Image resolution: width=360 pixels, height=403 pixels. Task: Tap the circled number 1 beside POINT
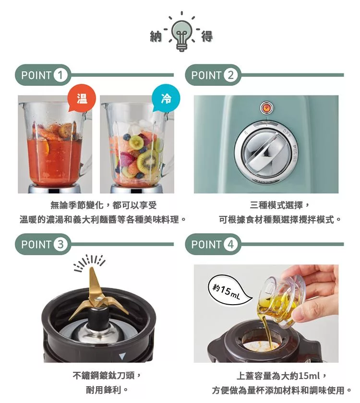61,75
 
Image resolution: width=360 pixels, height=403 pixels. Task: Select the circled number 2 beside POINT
231,75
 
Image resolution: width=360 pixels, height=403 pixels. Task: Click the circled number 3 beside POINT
61,244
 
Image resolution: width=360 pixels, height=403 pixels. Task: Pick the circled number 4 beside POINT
231,244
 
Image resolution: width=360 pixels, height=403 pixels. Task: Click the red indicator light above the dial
265,107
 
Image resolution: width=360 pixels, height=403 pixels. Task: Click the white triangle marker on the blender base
122,356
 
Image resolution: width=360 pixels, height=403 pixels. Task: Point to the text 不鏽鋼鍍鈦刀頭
107,375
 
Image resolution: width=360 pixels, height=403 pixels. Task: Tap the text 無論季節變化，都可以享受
103,206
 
